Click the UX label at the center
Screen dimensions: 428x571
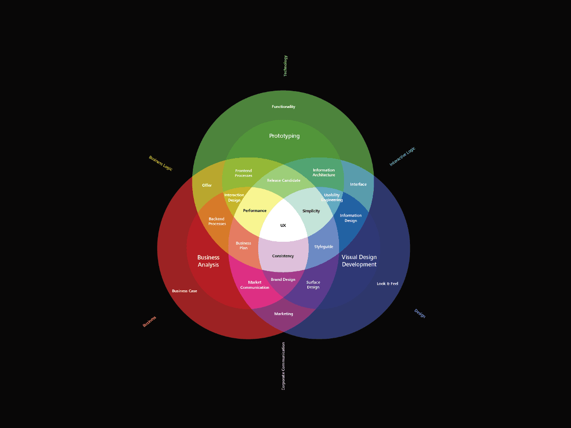point(283,225)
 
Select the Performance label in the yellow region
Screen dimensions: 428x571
point(255,211)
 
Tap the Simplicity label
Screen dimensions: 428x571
point(311,211)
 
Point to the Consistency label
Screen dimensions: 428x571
point(283,256)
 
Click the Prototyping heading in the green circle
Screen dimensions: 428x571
point(284,136)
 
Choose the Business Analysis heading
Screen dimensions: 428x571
point(208,261)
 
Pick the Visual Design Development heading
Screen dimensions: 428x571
point(359,261)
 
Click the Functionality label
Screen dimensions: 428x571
point(284,107)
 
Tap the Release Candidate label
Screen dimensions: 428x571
point(284,180)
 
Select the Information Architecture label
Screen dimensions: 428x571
point(324,172)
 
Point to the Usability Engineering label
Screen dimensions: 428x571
point(332,197)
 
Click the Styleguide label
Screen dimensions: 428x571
point(324,247)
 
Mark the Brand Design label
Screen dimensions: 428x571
point(283,279)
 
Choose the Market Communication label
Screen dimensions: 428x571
point(255,285)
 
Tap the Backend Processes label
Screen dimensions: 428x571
point(217,221)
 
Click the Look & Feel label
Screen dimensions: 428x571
point(387,284)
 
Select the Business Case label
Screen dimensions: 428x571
point(184,291)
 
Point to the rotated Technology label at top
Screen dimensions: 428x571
point(285,65)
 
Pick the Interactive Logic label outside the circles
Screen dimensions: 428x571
point(402,156)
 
